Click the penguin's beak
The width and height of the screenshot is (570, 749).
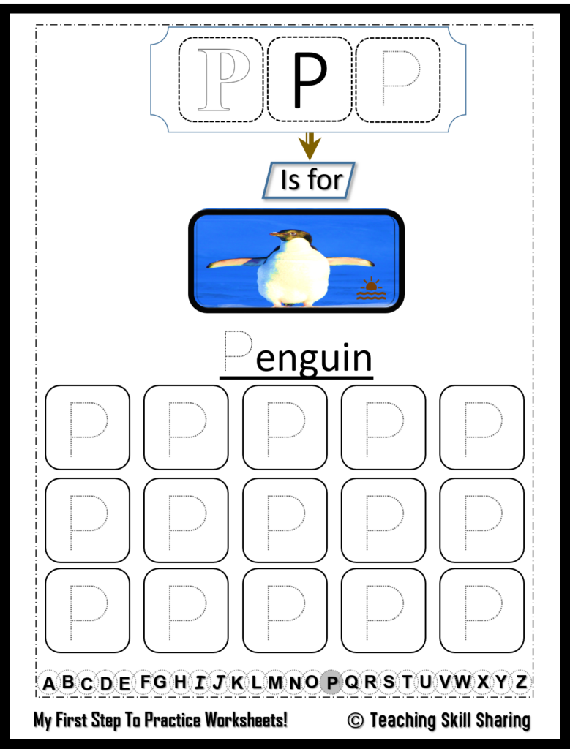pos(275,234)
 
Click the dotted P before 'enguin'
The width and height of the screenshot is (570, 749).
pos(239,350)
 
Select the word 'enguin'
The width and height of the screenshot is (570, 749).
pos(315,358)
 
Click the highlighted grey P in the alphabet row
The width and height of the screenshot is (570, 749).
pos(332,682)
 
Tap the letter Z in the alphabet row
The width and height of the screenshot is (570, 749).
pos(520,682)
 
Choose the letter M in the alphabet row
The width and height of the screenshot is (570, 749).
pos(275,683)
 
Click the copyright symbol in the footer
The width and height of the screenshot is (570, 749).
pos(355,720)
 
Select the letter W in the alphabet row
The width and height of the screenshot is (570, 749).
pos(462,682)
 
